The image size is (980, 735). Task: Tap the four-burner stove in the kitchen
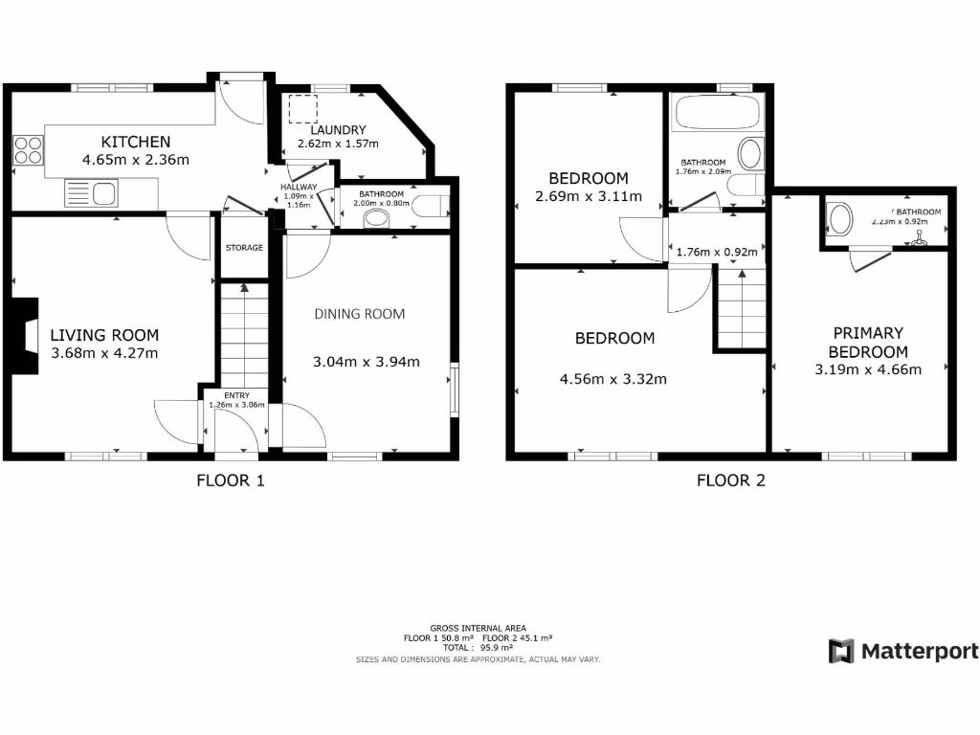click(x=29, y=150)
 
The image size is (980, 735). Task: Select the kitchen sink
click(x=91, y=194)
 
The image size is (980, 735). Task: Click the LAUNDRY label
click(x=337, y=130)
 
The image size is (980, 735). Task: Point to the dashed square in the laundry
click(x=303, y=108)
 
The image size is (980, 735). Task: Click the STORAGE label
click(x=244, y=248)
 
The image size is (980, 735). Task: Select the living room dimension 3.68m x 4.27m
click(x=104, y=353)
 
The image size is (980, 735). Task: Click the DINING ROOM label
click(x=360, y=314)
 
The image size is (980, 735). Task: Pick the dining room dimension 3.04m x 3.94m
click(x=367, y=362)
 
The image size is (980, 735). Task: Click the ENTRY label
click(x=236, y=394)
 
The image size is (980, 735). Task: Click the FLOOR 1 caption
click(x=230, y=480)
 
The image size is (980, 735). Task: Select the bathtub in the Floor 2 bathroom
click(x=718, y=114)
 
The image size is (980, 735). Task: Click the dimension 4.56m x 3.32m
click(x=613, y=379)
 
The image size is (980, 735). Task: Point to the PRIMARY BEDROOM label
click(x=868, y=343)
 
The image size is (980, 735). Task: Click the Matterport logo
click(x=903, y=652)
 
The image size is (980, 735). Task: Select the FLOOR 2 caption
click(x=730, y=480)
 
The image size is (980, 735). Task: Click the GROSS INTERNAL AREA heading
click(x=478, y=628)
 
